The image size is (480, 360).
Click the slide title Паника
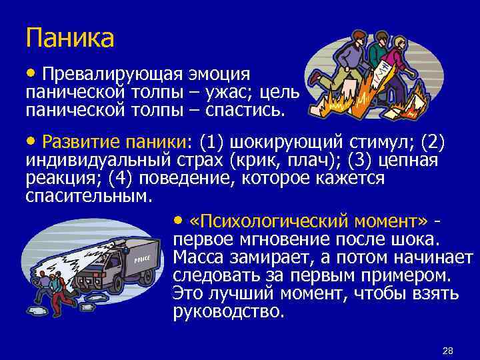pyautogui.click(x=70, y=37)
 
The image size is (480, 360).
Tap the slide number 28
pyautogui.click(x=447, y=351)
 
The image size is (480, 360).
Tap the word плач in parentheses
pyautogui.click(x=323, y=160)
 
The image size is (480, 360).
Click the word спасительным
pyautogui.click(x=88, y=197)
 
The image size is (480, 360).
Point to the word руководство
pyautogui.click(x=228, y=312)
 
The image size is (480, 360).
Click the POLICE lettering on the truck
pyautogui.click(x=143, y=259)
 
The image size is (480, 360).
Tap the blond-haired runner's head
pyautogui.click(x=399, y=43)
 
